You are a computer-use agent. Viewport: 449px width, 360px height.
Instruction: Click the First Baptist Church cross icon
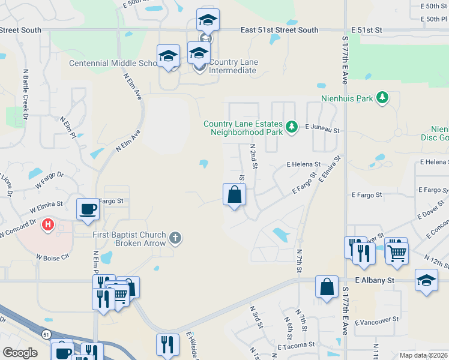point(175,238)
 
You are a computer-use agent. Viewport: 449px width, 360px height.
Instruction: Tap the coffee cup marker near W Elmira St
point(88,209)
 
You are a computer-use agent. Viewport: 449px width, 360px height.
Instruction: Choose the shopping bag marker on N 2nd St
point(234,194)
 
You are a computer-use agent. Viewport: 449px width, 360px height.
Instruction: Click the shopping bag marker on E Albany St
point(327,287)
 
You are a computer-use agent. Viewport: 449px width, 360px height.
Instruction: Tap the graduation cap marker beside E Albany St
point(426,280)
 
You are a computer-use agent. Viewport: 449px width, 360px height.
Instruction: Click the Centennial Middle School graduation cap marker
point(169,56)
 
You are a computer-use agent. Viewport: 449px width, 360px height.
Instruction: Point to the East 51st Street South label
point(279,29)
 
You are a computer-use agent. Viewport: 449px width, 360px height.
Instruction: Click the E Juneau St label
point(322,128)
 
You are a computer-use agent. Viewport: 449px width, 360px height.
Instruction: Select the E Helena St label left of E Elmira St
point(303,164)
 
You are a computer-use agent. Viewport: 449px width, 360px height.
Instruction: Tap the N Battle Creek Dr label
point(25,95)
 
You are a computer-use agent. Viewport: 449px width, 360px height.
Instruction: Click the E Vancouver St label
point(377,322)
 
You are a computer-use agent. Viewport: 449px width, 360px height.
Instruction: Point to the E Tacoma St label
point(296,346)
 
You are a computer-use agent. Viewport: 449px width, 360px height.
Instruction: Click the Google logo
point(20,353)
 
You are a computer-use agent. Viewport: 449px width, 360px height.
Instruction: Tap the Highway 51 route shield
point(46,333)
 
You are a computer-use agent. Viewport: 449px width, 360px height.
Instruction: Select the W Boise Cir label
point(53,257)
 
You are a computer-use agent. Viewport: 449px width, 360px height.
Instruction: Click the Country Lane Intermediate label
point(233,70)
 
